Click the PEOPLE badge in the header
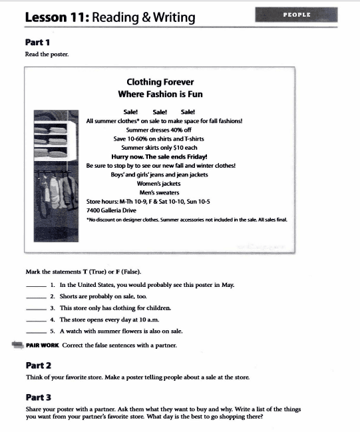pyautogui.click(x=296, y=15)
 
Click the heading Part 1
pyautogui.click(x=37, y=43)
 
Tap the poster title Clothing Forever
pyautogui.click(x=160, y=82)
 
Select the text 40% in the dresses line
pyautogui.click(x=173, y=130)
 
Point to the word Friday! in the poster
pyautogui.click(x=197, y=157)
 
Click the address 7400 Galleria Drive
pyautogui.click(x=111, y=210)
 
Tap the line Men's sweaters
pyautogui.click(x=159, y=192)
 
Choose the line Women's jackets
pyautogui.click(x=158, y=184)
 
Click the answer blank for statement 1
pyautogui.click(x=36, y=286)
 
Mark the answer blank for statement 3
pyautogui.click(x=36, y=310)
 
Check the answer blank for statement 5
pyautogui.click(x=36, y=333)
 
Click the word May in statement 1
pyautogui.click(x=228, y=285)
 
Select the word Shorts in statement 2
pyautogui.click(x=68, y=296)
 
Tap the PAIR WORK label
pyautogui.click(x=43, y=345)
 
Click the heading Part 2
pyautogui.click(x=39, y=365)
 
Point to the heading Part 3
pyautogui.click(x=39, y=397)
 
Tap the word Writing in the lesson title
pyautogui.click(x=174, y=17)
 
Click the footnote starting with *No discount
pyautogui.click(x=187, y=220)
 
